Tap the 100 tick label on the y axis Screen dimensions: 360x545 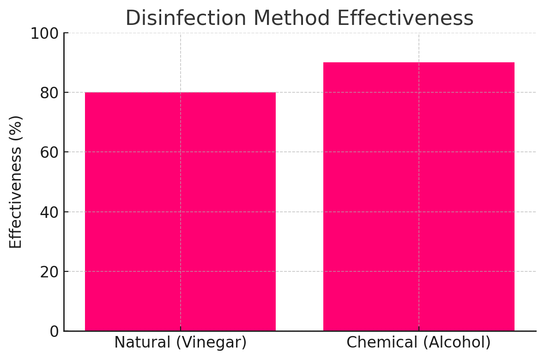[x=44, y=34]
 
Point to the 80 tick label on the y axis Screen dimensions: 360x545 [x=49, y=93]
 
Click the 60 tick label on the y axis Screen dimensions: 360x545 [x=49, y=153]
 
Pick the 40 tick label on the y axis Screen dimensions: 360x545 [x=49, y=212]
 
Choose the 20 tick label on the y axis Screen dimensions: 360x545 [x=49, y=272]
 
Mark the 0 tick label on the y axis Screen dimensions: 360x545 [x=54, y=331]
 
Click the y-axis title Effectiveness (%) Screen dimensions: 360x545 [x=16, y=182]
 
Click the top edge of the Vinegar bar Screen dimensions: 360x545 [x=180, y=93]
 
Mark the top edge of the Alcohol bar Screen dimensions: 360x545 [x=418, y=63]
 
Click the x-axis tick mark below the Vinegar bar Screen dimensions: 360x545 [x=180, y=329]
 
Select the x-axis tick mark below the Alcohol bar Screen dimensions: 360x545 [x=418, y=329]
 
